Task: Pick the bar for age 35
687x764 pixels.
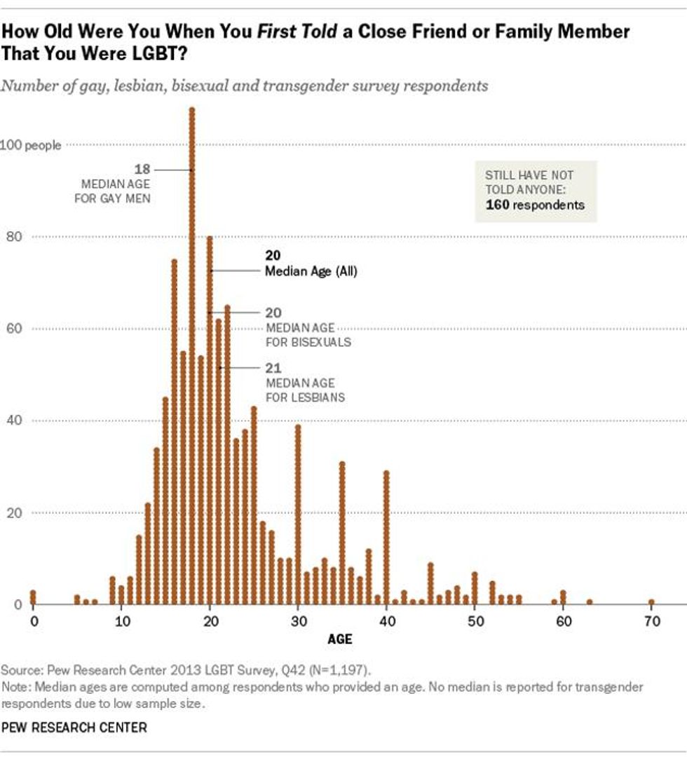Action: pyautogui.click(x=342, y=533)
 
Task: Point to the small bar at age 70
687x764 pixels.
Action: pyautogui.click(x=651, y=601)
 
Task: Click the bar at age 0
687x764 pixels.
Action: pyautogui.click(x=33, y=597)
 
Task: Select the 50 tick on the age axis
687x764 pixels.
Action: pyautogui.click(x=475, y=620)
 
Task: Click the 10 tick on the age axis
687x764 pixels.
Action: pyautogui.click(x=121, y=620)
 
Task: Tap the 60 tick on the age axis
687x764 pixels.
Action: pyautogui.click(x=563, y=620)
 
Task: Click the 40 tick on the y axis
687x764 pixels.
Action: pyautogui.click(x=13, y=421)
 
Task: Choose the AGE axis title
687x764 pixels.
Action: pyautogui.click(x=340, y=639)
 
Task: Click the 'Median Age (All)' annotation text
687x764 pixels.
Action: pyautogui.click(x=311, y=271)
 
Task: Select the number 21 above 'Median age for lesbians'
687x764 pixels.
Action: pyautogui.click(x=273, y=367)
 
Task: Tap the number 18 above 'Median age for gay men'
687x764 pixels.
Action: pyautogui.click(x=142, y=169)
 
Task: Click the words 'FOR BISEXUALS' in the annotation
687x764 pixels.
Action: pyautogui.click(x=308, y=343)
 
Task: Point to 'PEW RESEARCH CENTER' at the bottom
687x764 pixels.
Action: pyautogui.click(x=74, y=728)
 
